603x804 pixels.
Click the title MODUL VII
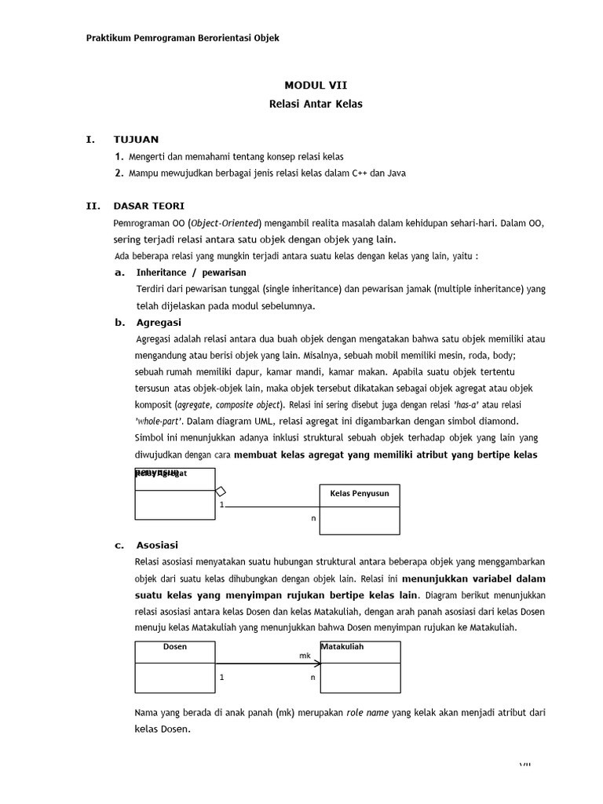[x=314, y=86]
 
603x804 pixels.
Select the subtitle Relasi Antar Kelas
[x=314, y=104]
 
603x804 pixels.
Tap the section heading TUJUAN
[x=136, y=140]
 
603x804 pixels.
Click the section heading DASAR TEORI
[x=149, y=206]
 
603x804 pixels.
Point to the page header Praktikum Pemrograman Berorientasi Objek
[x=182, y=38]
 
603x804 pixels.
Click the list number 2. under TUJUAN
[x=119, y=173]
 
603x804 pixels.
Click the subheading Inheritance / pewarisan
[x=191, y=272]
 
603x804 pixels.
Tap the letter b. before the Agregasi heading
[x=119, y=322]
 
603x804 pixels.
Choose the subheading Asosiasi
[x=158, y=544]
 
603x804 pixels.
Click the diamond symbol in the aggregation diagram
[x=221, y=492]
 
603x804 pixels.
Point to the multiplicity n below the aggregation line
[x=313, y=518]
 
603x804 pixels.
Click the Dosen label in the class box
[x=174, y=647]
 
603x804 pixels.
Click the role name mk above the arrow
[x=305, y=654]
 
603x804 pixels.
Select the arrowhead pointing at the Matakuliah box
[x=316, y=663]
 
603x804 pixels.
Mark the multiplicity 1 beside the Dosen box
[x=221, y=677]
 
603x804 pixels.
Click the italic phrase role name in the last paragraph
[x=370, y=713]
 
